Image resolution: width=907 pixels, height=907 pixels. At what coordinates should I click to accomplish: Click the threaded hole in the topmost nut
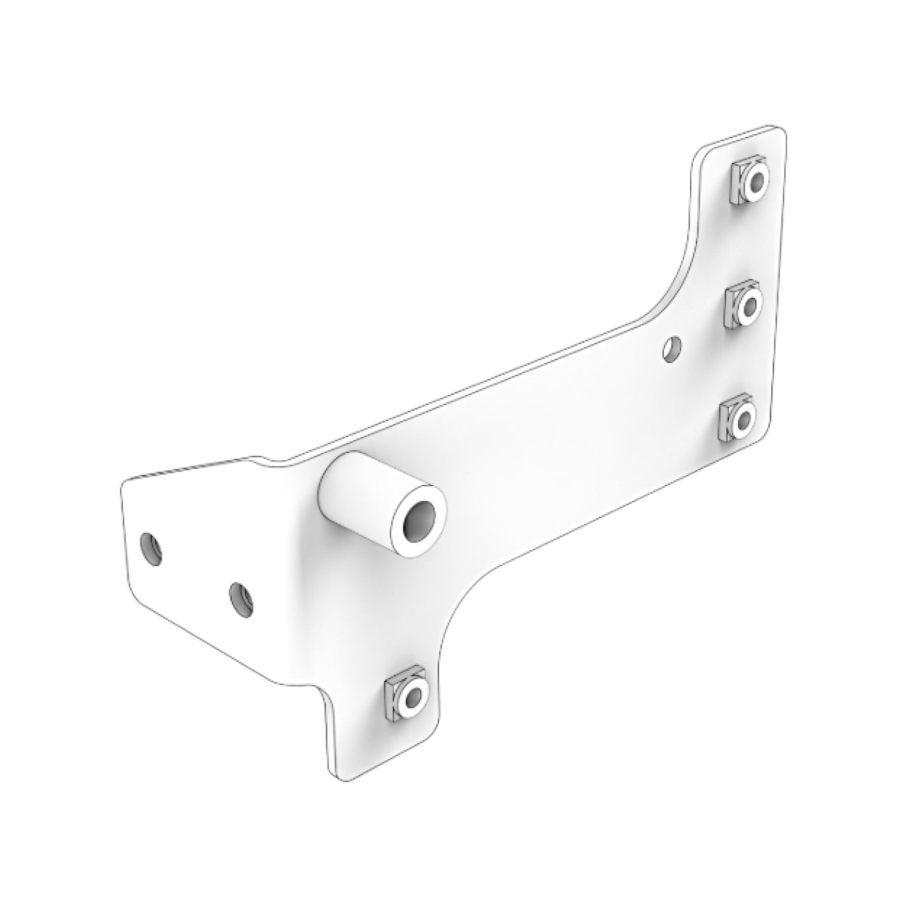point(756,182)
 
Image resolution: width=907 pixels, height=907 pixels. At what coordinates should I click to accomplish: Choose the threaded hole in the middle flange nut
point(751,306)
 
